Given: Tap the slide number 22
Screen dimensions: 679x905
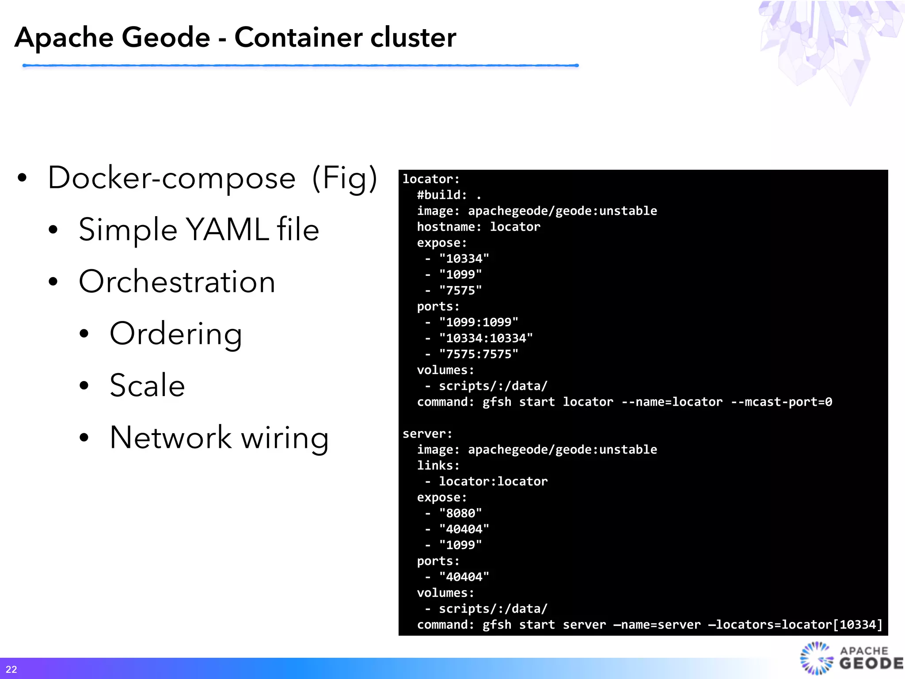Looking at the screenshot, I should pos(11,669).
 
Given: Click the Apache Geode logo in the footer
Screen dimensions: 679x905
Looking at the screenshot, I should pos(851,658).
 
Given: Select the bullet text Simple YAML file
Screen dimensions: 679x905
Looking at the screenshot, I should pos(199,229).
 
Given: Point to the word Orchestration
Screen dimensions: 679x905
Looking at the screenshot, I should pos(177,282).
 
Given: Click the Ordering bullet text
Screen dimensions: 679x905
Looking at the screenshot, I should pos(176,334).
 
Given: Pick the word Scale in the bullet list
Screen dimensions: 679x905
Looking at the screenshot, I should pos(147,385).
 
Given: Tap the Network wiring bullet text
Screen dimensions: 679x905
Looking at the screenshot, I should pos(219,438).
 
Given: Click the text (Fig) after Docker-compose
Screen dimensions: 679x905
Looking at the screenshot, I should pos(345,178).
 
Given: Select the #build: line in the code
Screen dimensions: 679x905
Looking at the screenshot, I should pos(449,195).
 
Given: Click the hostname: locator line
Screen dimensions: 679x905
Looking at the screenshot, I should pos(479,227).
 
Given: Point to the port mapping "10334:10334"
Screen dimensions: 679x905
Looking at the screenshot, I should pos(486,338).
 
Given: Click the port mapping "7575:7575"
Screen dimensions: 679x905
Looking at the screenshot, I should pos(479,354).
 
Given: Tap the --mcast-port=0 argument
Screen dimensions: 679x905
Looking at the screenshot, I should pos(781,402).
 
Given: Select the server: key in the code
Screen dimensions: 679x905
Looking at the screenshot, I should pos(427,434).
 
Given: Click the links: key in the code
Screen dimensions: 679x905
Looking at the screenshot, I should pos(438,465).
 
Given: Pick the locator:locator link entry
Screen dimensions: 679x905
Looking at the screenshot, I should pos(493,481).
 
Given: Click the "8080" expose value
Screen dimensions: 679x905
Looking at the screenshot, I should pos(460,513).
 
